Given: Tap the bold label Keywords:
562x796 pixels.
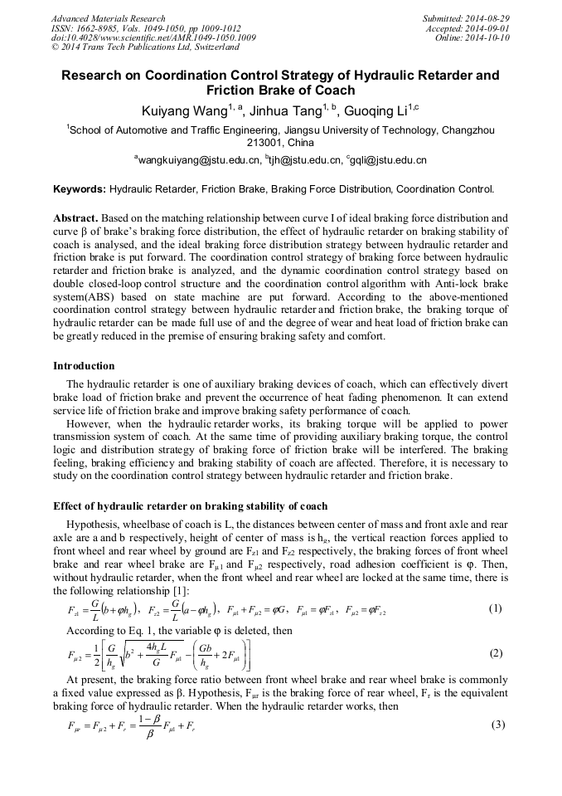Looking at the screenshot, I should [80, 189].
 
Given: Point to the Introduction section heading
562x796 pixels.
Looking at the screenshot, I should [84, 365].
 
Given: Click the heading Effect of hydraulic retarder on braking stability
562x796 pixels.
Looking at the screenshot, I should [190, 505].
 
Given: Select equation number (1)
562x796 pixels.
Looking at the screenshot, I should [496, 608].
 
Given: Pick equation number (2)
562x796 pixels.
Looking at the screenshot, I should [496, 652].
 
